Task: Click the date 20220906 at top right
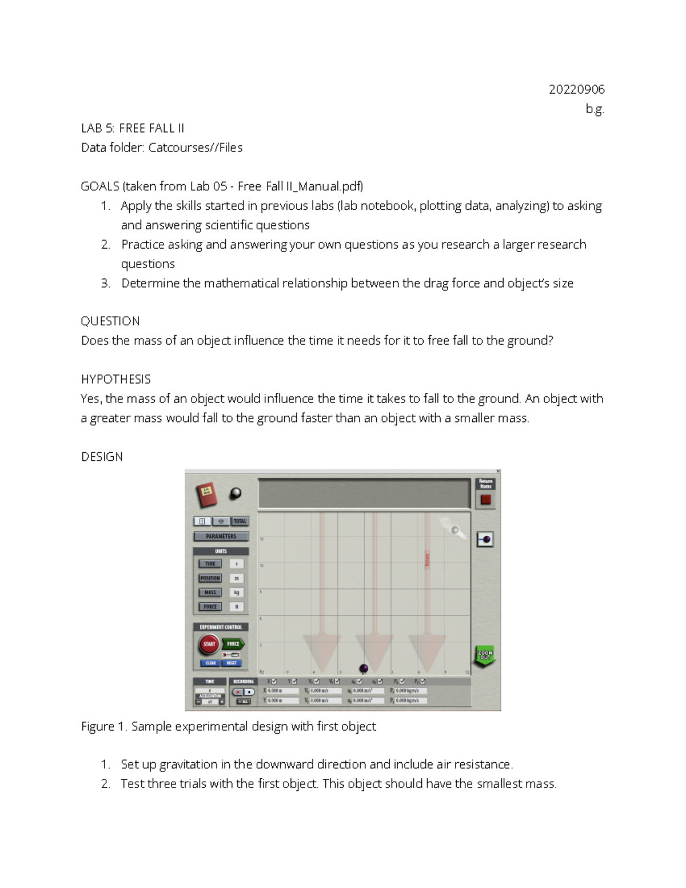coord(576,89)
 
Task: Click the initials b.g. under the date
coord(595,109)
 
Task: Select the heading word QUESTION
coord(110,321)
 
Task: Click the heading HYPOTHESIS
coord(115,379)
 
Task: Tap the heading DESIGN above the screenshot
coord(102,456)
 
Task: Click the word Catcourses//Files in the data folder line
coord(195,148)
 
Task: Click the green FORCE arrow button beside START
coord(233,644)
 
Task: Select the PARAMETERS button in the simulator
coord(221,536)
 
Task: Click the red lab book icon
coord(206,495)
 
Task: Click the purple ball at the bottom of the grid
coord(364,668)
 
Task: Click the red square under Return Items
coord(485,500)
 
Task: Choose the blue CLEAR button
coord(210,663)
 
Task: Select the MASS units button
coord(210,592)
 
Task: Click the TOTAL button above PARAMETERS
coord(240,521)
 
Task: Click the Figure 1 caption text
coord(229,726)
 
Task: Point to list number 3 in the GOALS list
coord(105,283)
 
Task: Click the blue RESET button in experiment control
coord(232,663)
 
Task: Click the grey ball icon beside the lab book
coord(235,493)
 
